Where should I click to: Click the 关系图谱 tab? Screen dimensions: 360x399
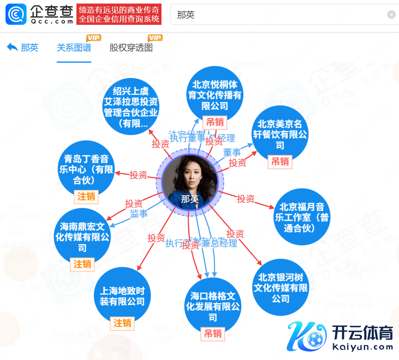(x=74, y=48)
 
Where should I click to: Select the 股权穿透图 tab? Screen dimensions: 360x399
(x=131, y=48)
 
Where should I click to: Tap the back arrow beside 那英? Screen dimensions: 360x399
(x=12, y=47)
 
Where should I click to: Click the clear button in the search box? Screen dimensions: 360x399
(x=391, y=15)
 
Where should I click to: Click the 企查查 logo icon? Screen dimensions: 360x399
(x=16, y=14)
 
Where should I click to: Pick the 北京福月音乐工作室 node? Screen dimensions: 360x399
(x=301, y=217)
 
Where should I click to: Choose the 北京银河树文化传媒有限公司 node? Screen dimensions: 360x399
(x=280, y=287)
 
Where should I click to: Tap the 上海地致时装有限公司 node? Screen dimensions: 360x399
(x=122, y=296)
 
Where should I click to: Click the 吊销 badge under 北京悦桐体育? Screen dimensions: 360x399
(x=215, y=123)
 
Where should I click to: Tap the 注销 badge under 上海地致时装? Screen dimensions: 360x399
(x=122, y=323)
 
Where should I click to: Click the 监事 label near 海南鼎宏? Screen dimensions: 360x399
(x=139, y=214)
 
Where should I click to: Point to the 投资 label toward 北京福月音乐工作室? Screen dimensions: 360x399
(x=246, y=199)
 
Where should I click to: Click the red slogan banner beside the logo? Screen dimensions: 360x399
(x=119, y=14)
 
